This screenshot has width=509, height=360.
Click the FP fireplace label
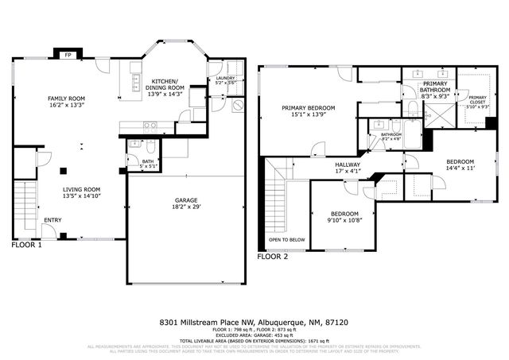pyautogui.click(x=67, y=56)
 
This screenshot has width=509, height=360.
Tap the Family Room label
pyautogui.click(x=67, y=99)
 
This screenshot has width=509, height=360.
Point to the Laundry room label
pyautogui.click(x=226, y=78)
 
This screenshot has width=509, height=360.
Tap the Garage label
pyautogui.click(x=187, y=200)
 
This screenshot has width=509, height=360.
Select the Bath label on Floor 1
pyautogui.click(x=147, y=161)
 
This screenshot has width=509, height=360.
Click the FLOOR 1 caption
pyautogui.click(x=27, y=246)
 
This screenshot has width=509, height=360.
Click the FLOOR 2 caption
pyautogui.click(x=273, y=257)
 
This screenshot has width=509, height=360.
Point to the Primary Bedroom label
pyautogui.click(x=308, y=107)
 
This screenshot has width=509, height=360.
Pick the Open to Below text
pyautogui.click(x=287, y=239)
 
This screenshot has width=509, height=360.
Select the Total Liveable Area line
pyautogui.click(x=254, y=340)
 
